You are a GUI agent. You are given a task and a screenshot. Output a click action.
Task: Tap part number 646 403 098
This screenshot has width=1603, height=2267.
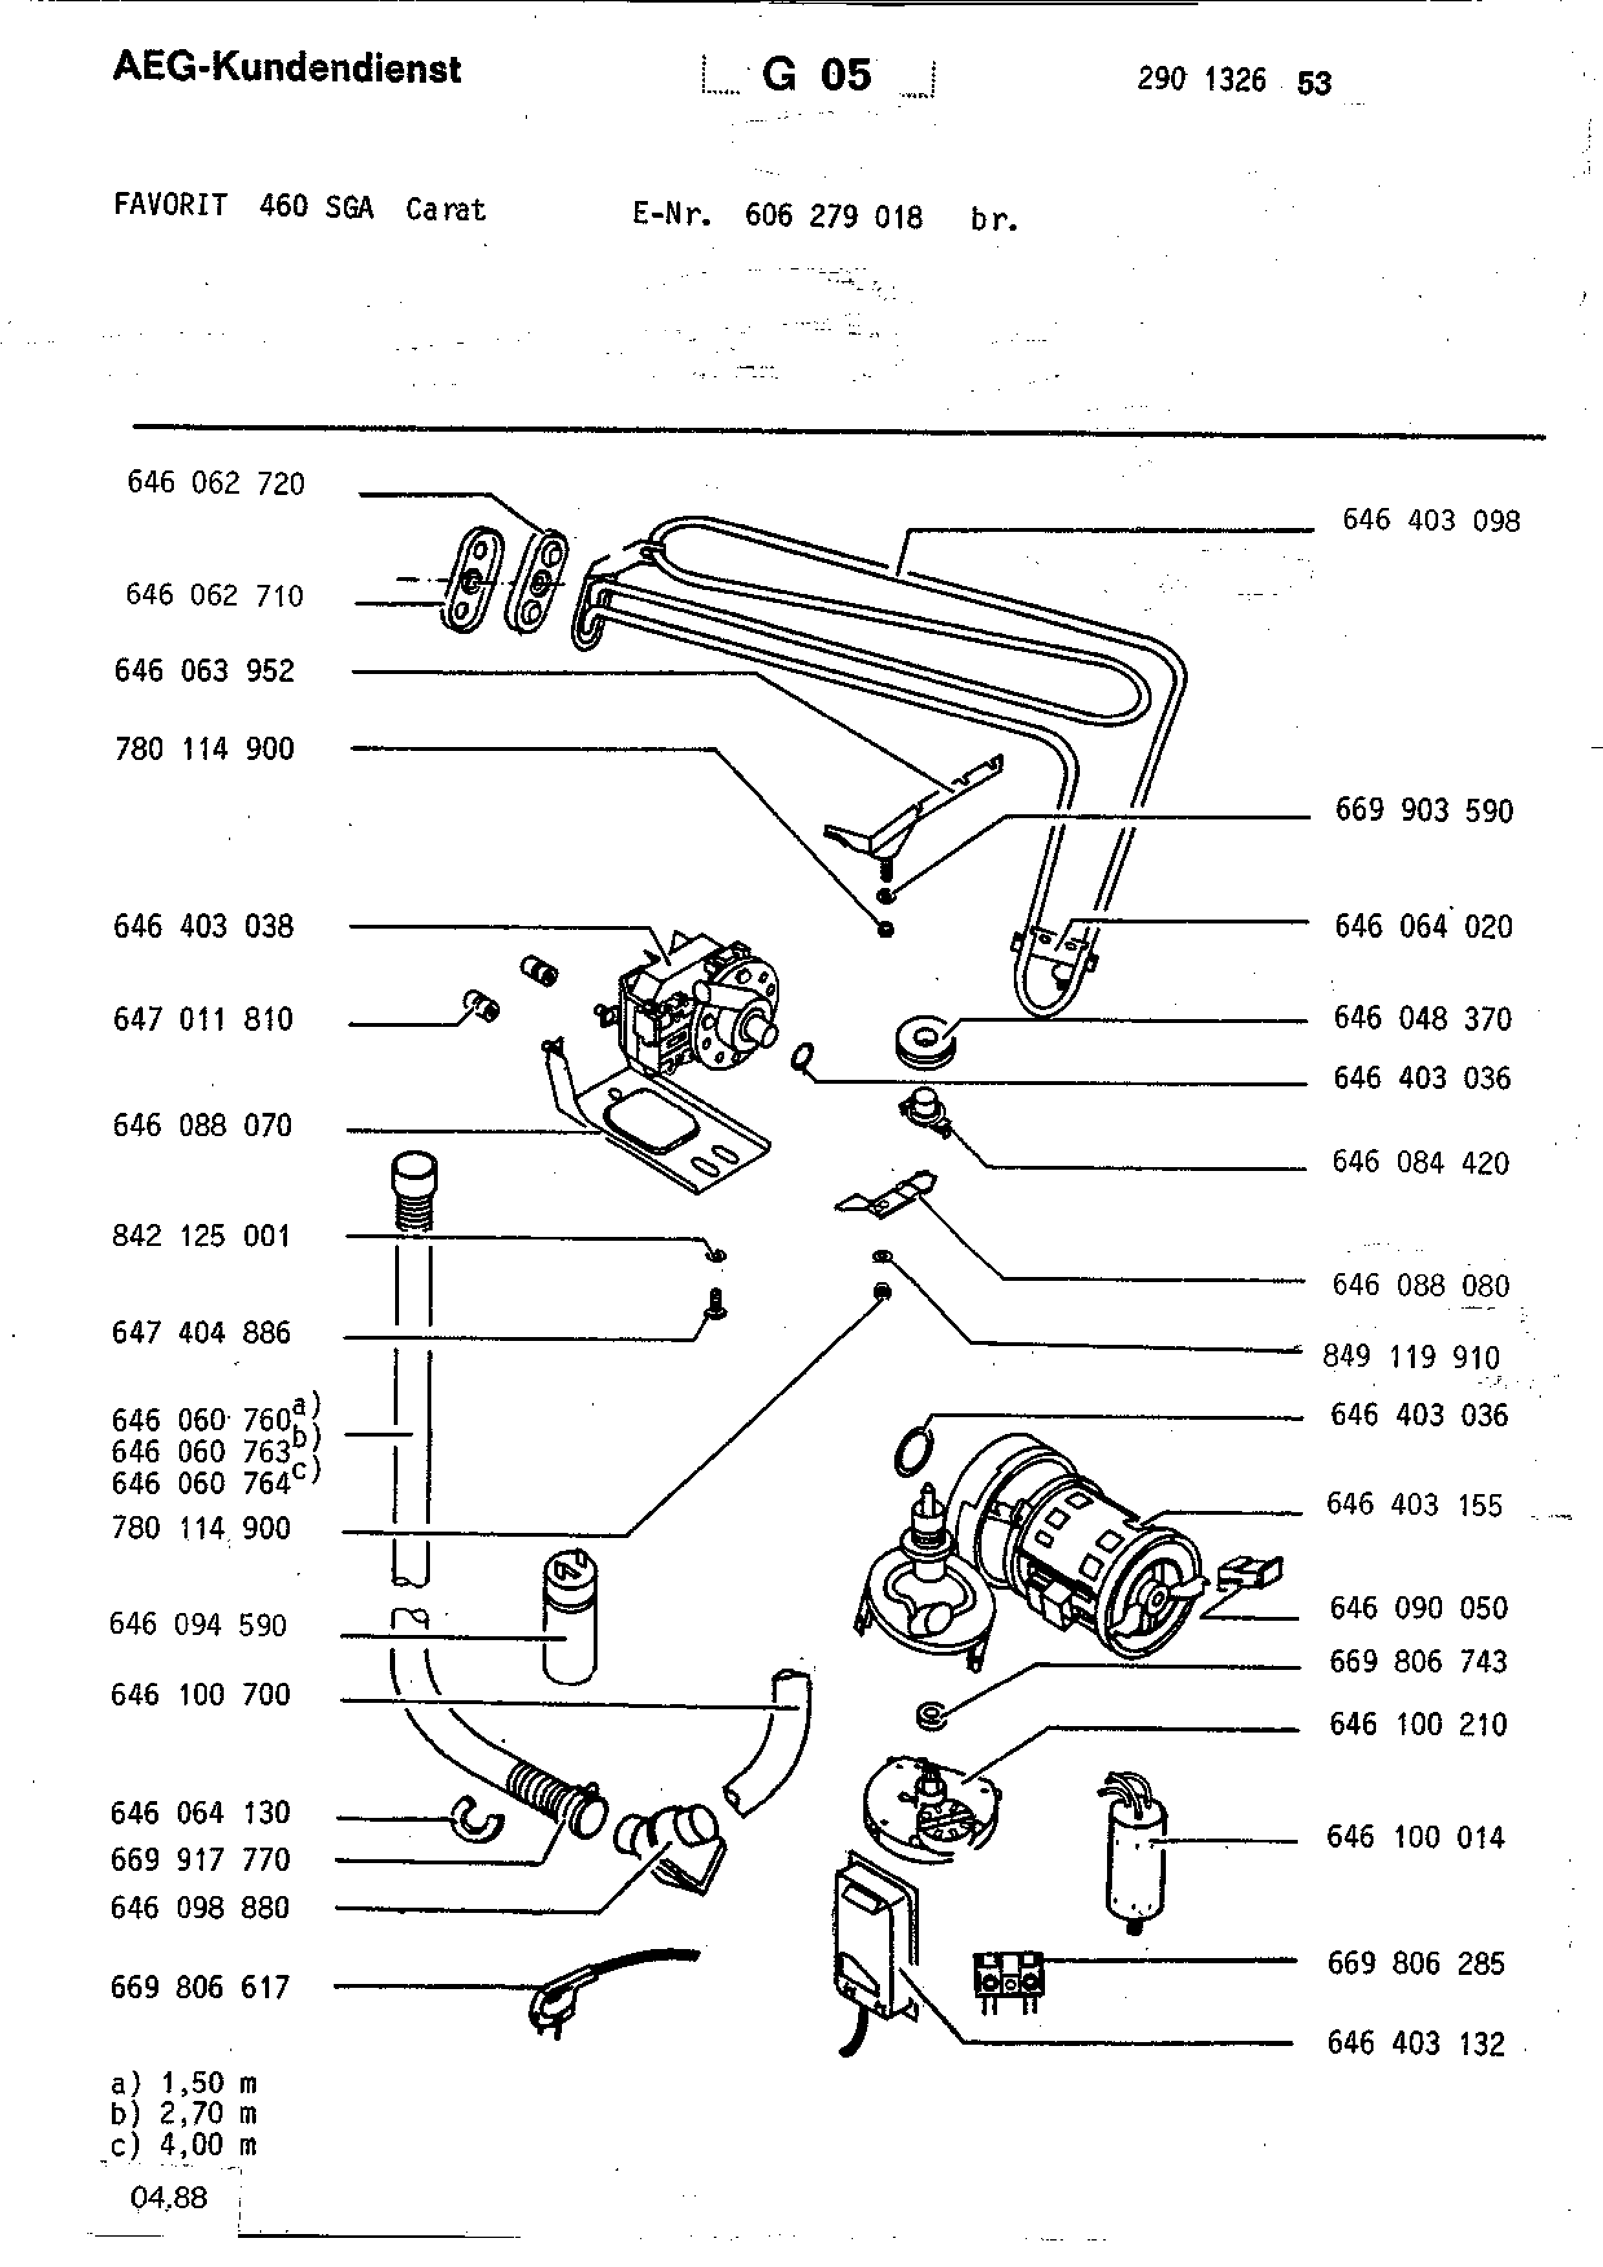pos(1430,520)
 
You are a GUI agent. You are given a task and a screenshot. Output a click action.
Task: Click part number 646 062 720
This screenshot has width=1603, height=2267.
pos(215,483)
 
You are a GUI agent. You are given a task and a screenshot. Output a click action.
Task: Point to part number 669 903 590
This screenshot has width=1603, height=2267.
pos(1423,810)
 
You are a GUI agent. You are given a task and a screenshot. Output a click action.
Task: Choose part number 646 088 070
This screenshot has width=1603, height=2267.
pos(202,1126)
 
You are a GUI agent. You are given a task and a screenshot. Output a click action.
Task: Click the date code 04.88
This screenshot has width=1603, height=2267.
pos(168,2197)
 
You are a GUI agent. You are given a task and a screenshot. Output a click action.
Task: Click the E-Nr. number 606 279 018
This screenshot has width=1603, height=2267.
pos(834,216)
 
